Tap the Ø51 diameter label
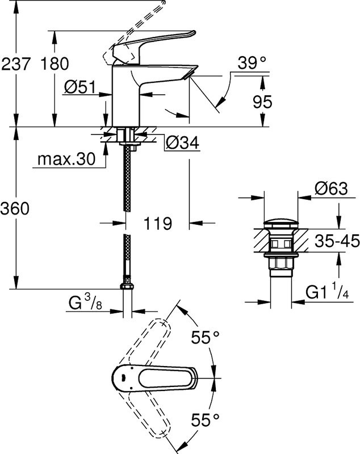pos(79,87)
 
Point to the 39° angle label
pos(251,64)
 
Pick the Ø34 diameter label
pos(183,144)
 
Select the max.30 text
pos(66,160)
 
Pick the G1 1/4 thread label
pos(332,292)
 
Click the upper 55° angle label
pos(204,338)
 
